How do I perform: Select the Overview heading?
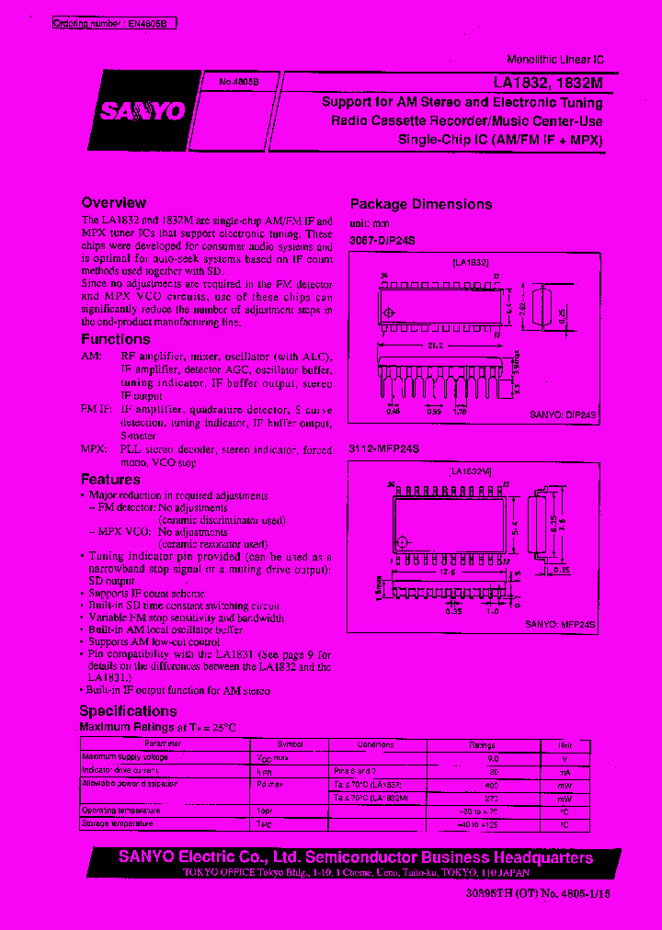[113, 202]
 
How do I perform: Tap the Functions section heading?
[115, 339]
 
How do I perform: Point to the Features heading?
[110, 479]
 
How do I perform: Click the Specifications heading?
[128, 710]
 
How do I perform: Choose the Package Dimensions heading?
[420, 204]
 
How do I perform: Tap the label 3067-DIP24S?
[382, 240]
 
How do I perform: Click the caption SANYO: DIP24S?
[563, 415]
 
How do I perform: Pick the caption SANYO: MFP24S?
[560, 625]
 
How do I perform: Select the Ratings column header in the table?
[482, 744]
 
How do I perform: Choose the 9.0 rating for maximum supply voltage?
[492, 758]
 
